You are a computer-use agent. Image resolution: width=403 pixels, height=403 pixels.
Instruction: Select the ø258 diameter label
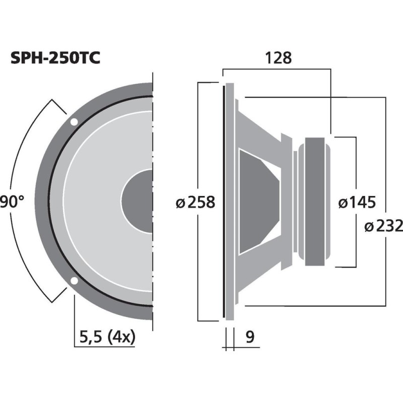tap(196, 203)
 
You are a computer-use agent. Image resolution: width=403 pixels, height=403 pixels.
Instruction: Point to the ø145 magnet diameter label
tap(357, 203)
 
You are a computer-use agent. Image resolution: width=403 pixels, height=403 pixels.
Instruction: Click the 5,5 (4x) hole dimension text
tap(107, 337)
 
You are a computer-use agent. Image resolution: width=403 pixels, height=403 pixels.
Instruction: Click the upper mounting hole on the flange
tap(74, 121)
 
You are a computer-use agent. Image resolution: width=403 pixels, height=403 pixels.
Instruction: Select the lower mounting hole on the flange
tap(74, 281)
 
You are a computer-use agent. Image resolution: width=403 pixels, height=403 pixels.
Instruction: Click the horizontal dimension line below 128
tap(277, 70)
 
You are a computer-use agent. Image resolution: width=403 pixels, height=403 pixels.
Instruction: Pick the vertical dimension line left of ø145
tap(357, 166)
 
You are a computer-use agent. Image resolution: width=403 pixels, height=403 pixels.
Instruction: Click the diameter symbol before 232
tap(368, 226)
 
